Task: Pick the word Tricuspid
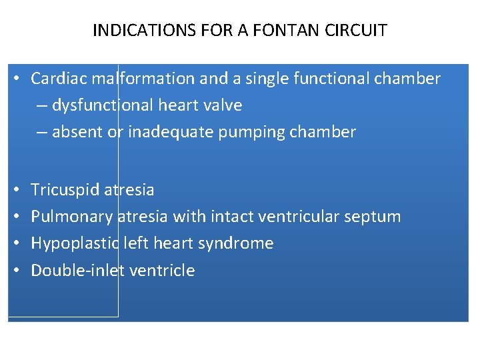(65, 190)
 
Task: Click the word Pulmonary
(71, 217)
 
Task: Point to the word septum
(375, 217)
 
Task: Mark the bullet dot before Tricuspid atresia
(15, 191)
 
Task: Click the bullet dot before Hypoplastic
(15, 244)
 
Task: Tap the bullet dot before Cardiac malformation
(15, 79)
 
